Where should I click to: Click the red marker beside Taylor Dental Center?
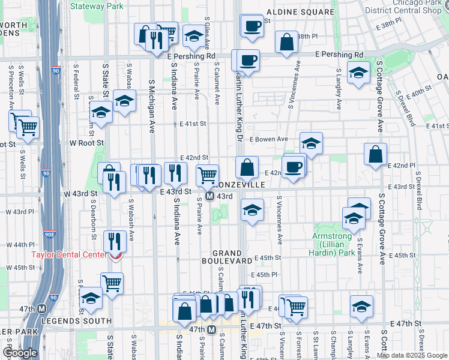pos(115,256)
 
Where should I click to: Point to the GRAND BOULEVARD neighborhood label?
pos(226,257)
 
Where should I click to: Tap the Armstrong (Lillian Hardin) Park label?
pos(334,240)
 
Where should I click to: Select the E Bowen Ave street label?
pos(268,139)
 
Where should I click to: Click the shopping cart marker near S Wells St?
pos(28,127)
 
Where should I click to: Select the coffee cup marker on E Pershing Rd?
pos(247,60)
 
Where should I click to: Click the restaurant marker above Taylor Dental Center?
pos(114,241)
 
